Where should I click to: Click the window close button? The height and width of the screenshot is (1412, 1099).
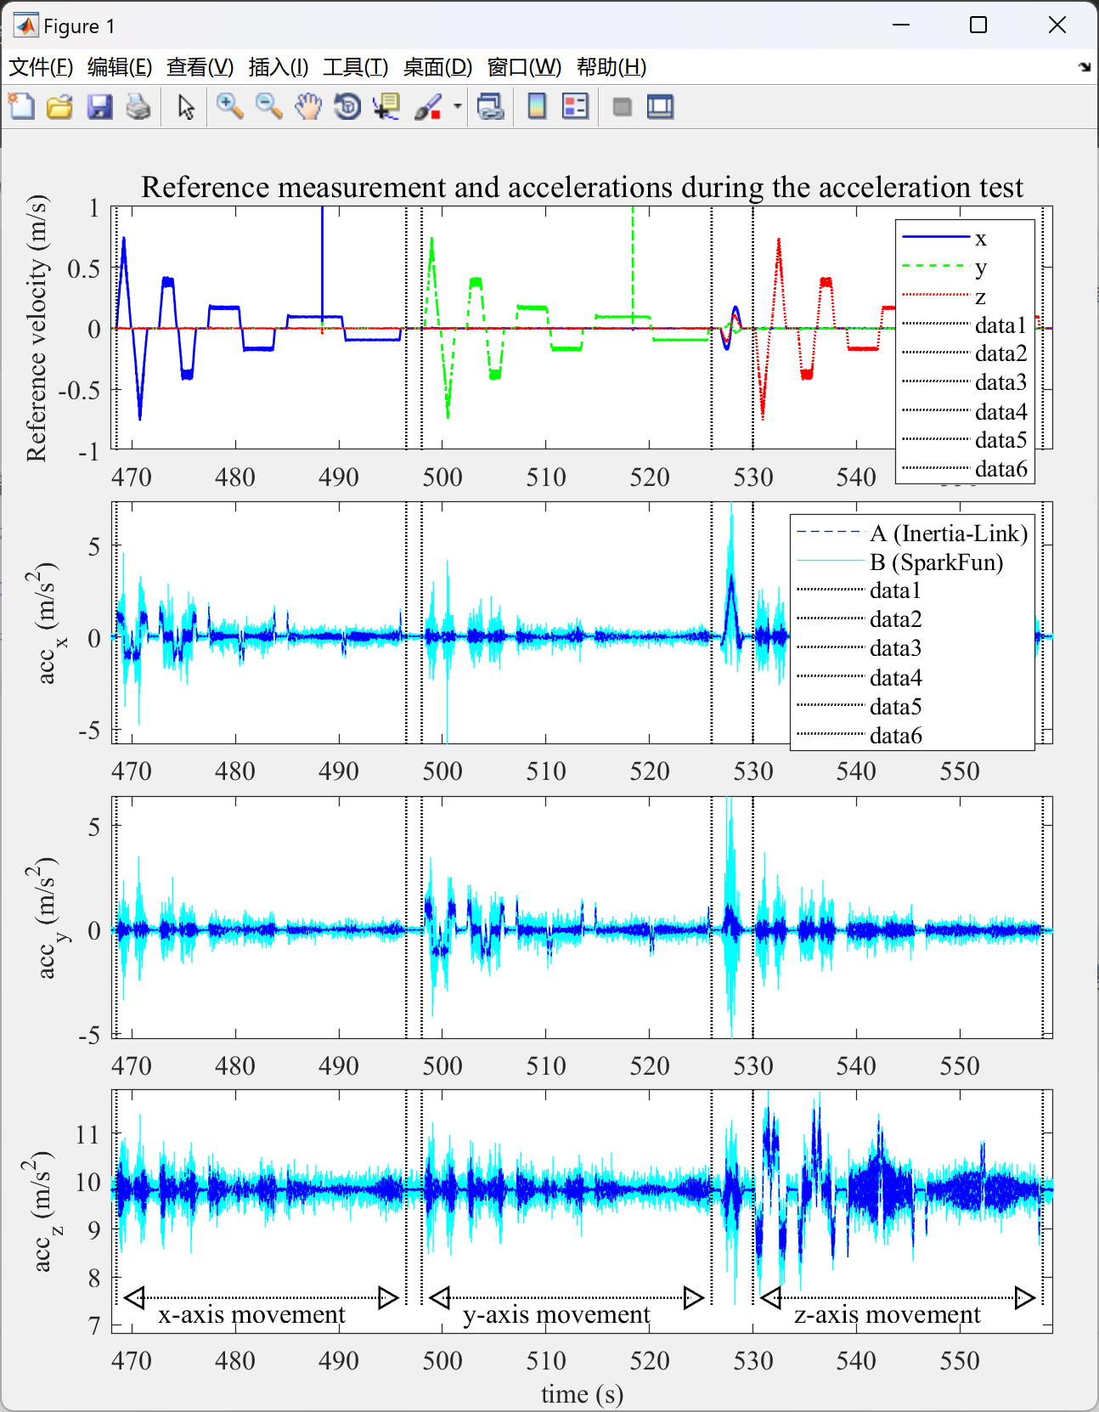click(1057, 25)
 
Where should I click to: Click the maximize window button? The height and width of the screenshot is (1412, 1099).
click(978, 25)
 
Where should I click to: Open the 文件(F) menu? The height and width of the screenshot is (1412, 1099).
click(40, 67)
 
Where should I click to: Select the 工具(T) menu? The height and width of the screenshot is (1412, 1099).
click(355, 67)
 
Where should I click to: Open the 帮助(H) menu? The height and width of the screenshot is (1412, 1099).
click(611, 67)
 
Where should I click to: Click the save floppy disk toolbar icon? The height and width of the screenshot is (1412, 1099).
click(99, 106)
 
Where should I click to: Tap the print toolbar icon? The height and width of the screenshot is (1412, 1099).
click(138, 106)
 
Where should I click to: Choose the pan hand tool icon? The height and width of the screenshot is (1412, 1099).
click(308, 106)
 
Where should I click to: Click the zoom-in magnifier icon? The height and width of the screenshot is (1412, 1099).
click(230, 106)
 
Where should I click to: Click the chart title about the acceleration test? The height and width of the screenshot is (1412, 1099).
click(582, 187)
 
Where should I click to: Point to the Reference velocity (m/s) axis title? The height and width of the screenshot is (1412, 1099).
click(37, 328)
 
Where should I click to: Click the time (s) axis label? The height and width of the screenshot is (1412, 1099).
click(582, 1394)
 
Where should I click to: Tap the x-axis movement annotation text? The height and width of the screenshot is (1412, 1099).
click(252, 1314)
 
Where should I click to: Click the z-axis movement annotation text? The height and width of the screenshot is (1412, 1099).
click(888, 1314)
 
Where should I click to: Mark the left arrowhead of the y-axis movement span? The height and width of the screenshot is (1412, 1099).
click(440, 1297)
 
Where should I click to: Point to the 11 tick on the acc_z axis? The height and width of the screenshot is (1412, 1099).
click(87, 1134)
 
